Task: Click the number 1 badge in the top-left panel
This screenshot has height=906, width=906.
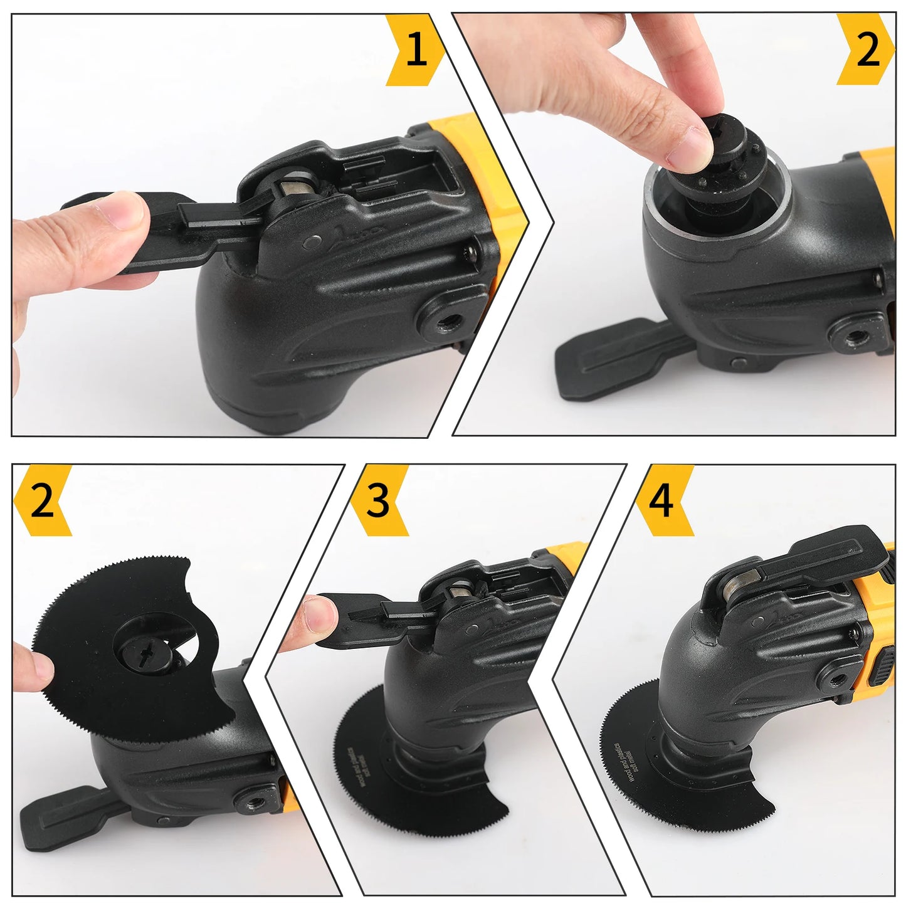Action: (416, 50)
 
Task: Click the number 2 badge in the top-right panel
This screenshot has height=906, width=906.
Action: (867, 50)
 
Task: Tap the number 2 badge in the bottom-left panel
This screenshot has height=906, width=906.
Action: (41, 501)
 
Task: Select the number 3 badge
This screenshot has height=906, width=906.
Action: (378, 501)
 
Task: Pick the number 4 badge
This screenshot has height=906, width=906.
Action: (661, 501)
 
